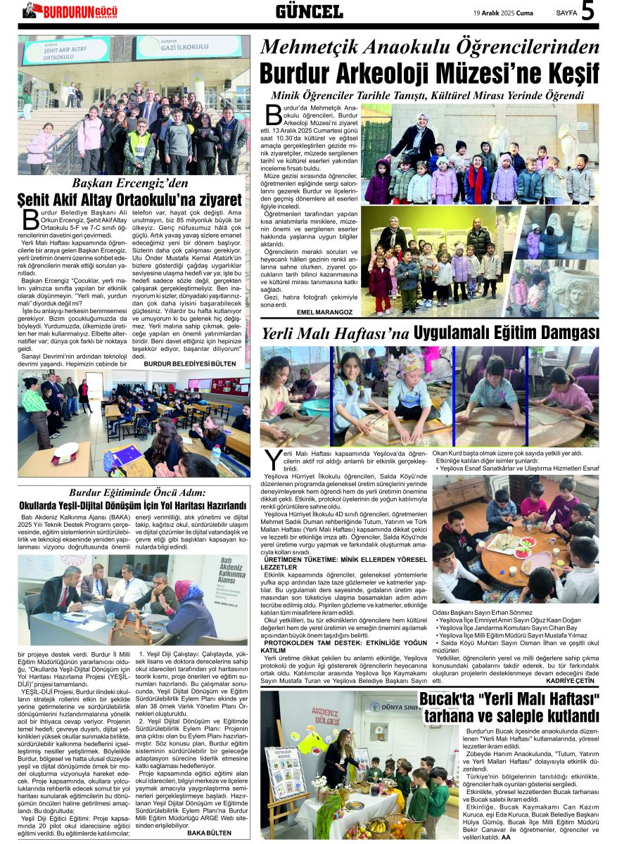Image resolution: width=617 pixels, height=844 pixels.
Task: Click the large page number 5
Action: pyautogui.click(x=587, y=12)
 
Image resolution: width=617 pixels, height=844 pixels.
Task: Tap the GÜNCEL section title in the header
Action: pyautogui.click(x=309, y=11)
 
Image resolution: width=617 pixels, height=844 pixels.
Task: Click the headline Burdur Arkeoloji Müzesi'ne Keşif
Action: pyautogui.click(x=429, y=74)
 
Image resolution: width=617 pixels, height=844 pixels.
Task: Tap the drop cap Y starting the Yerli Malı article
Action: pyautogui.click(x=272, y=460)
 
